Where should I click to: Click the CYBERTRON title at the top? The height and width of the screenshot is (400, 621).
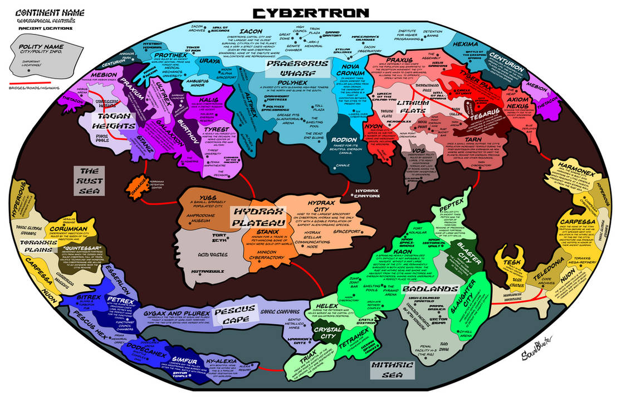pyautogui.click(x=310, y=12)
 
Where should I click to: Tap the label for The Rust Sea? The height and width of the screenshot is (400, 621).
pyautogui.click(x=89, y=181)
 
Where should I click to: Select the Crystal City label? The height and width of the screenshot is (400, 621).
pyautogui.click(x=327, y=333)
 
